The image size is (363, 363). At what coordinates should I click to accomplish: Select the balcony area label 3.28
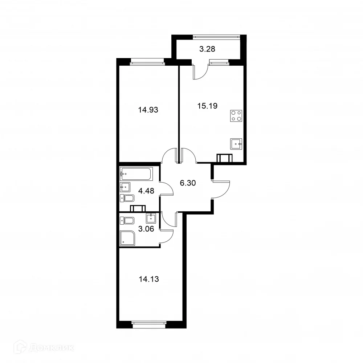click(x=208, y=49)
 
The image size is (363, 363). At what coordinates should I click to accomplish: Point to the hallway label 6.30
click(x=188, y=183)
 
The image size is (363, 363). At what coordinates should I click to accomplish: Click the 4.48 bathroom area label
click(x=147, y=190)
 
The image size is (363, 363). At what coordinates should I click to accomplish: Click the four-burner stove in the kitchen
click(x=236, y=115)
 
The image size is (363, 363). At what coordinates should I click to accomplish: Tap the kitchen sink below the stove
click(x=236, y=144)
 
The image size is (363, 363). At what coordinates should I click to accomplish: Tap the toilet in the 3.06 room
click(x=128, y=220)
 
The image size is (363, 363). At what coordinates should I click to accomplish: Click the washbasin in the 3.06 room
click(x=151, y=218)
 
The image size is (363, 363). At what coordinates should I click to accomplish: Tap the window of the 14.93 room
click(x=147, y=62)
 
